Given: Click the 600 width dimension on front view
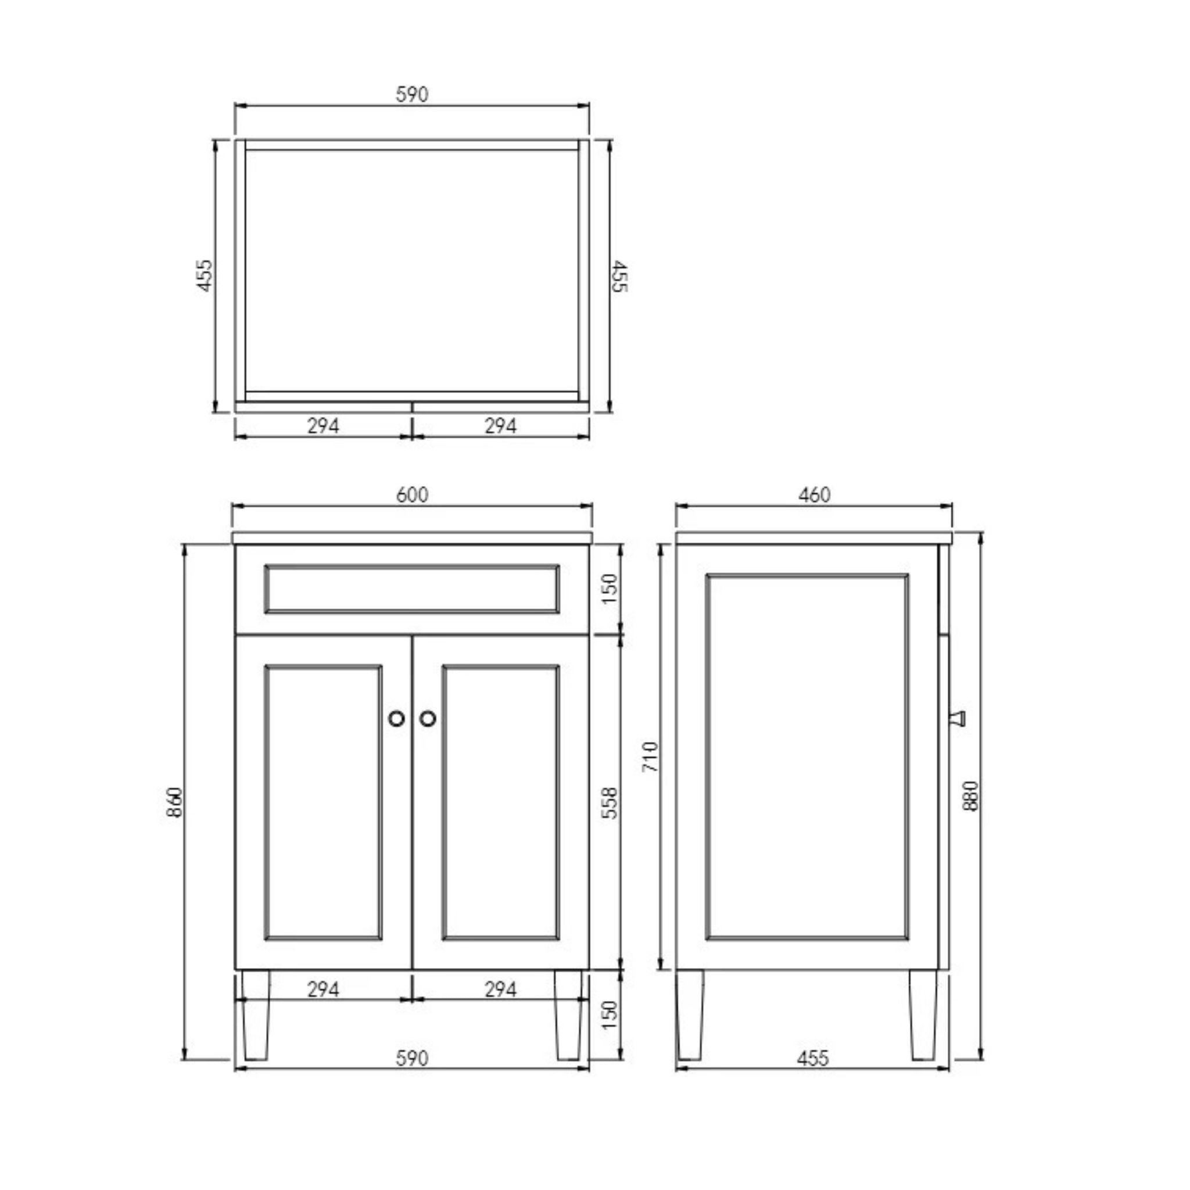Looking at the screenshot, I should [x=411, y=494].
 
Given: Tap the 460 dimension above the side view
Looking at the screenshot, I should [x=814, y=494].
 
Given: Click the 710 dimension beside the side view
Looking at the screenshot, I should [x=650, y=757].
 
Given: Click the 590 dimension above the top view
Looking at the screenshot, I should [x=411, y=94].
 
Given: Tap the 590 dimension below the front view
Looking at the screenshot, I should [x=411, y=1076].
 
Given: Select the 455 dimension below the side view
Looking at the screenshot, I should [x=812, y=1076].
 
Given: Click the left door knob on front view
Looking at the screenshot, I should [x=397, y=718].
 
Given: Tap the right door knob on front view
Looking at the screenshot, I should [x=428, y=718].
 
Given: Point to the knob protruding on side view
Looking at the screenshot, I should [x=958, y=718].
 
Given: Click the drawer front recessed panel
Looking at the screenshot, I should [x=411, y=589].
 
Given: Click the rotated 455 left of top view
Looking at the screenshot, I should [x=205, y=275].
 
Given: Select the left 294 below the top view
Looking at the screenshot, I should [x=322, y=425].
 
